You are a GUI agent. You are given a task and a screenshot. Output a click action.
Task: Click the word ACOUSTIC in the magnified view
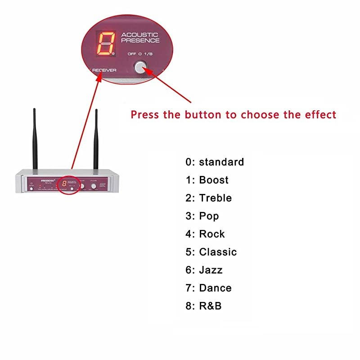[x=140, y=34]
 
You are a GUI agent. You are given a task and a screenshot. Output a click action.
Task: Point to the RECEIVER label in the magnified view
[x=104, y=70]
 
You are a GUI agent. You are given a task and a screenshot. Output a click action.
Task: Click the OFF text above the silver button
[x=132, y=54]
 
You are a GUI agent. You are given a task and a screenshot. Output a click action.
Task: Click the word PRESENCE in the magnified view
[x=140, y=40]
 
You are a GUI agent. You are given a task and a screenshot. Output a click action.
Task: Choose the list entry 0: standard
[x=215, y=162]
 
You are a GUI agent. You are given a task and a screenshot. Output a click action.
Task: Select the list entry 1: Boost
[x=207, y=180]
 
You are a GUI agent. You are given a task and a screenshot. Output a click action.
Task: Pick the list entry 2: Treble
[x=208, y=198]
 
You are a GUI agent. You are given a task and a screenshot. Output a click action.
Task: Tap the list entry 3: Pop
[x=202, y=216]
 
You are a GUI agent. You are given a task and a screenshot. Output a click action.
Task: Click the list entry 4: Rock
[x=205, y=234]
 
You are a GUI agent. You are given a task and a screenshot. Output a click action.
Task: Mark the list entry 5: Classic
[x=211, y=252]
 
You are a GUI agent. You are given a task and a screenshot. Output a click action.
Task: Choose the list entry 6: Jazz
[x=204, y=270]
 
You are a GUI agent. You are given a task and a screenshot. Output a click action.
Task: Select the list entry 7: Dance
[x=208, y=288]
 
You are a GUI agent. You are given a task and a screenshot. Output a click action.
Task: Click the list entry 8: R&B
[x=203, y=306]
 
